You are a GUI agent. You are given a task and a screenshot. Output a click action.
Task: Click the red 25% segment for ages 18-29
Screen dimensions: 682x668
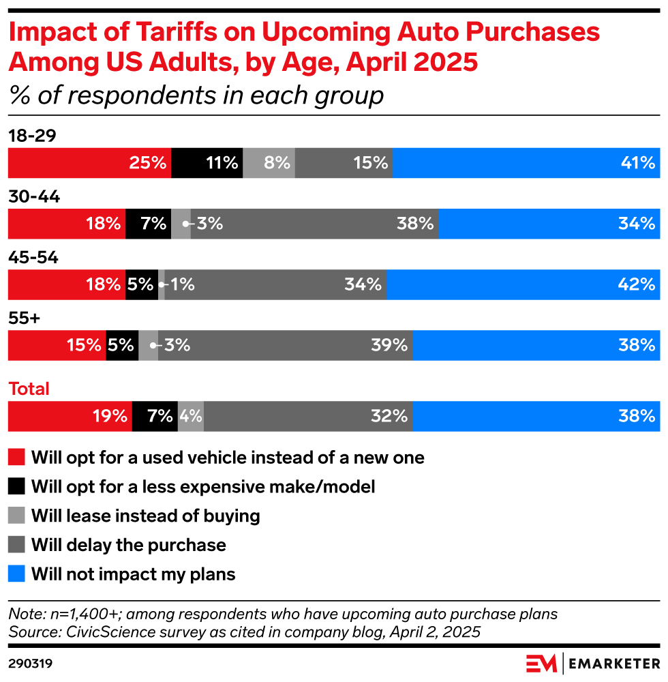[89, 163]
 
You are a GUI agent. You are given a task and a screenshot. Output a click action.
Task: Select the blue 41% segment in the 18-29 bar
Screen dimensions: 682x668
[526, 163]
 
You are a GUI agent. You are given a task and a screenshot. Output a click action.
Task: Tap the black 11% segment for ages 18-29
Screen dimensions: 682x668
[207, 163]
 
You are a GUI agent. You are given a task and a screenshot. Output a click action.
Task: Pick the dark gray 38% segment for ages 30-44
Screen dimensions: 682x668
[314, 224]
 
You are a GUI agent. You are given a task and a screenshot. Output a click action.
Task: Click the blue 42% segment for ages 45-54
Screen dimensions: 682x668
[523, 284]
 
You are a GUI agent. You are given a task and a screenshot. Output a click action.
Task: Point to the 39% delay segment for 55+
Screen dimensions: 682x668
[285, 345]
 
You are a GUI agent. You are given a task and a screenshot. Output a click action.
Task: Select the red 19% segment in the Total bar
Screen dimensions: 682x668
[70, 416]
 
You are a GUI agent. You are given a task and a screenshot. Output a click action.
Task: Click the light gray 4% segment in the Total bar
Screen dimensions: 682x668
[190, 416]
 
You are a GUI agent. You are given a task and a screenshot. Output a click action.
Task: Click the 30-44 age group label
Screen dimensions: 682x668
[34, 197]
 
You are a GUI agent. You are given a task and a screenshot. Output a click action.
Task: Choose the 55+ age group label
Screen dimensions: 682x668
[24, 318]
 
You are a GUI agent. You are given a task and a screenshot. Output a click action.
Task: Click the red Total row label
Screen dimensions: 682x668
[29, 389]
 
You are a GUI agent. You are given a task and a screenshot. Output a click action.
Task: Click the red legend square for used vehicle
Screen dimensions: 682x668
[16, 457]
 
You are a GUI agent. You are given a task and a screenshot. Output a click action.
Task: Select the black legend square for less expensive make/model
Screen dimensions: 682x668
[16, 486]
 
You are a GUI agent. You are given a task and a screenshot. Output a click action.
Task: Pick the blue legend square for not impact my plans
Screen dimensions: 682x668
[16, 574]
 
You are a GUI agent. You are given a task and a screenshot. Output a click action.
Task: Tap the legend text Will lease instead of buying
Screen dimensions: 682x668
[145, 516]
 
